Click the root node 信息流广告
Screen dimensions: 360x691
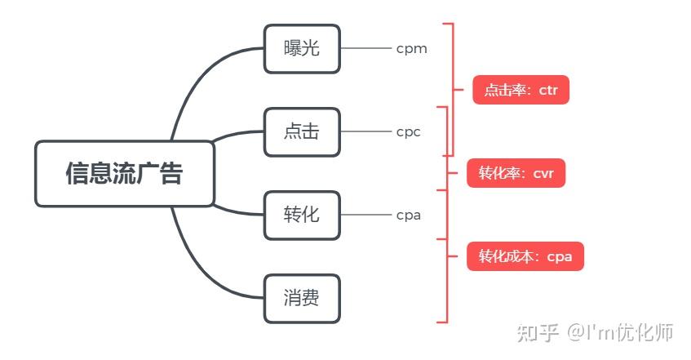point(124,173)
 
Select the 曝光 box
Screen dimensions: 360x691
point(302,48)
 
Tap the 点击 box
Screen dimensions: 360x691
point(302,131)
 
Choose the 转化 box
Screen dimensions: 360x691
point(302,215)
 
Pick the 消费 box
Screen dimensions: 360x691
point(302,298)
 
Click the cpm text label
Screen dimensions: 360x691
point(411,49)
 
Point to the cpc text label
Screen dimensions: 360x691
point(408,132)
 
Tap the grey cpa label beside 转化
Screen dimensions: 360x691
point(408,216)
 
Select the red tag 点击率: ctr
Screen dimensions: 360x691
point(520,90)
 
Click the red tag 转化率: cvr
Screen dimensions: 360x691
point(516,173)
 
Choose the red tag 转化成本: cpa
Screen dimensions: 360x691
point(525,256)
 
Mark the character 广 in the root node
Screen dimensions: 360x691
point(148,173)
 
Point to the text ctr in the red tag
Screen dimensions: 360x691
point(548,90)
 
